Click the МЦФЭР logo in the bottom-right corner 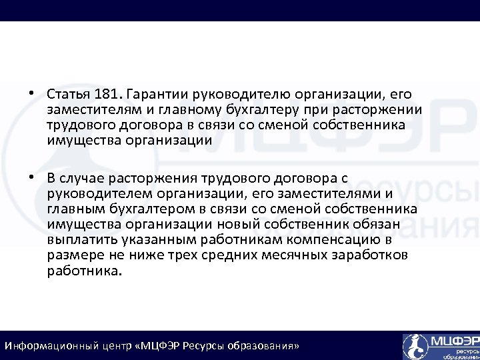[x=440, y=346]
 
